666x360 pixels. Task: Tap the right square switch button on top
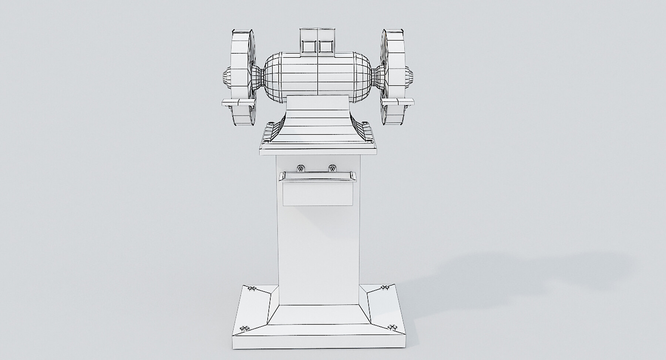click(326, 46)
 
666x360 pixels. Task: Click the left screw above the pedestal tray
click(301, 169)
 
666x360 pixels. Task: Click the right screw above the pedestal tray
click(332, 169)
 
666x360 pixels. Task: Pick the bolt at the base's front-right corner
click(393, 327)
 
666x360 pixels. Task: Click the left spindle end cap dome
click(226, 79)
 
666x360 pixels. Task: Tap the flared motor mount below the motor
click(317, 122)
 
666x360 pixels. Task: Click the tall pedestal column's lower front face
click(318, 259)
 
